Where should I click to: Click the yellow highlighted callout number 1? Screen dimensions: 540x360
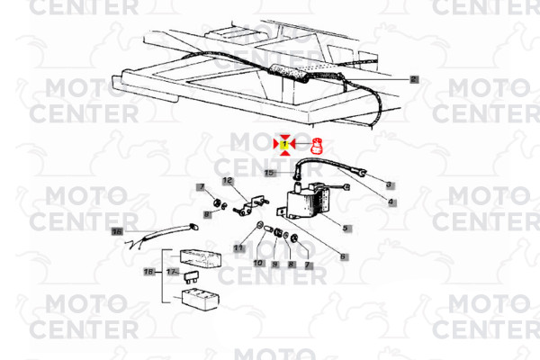(284, 144)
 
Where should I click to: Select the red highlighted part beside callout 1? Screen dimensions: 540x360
(317, 147)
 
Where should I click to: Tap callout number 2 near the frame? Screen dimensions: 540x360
(414, 79)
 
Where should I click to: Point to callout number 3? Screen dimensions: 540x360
(389, 184)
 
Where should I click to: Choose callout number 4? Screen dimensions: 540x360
(391, 202)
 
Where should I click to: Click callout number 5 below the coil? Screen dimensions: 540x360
(346, 228)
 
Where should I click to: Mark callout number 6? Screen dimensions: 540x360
(343, 256)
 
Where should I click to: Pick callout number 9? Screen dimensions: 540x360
(275, 265)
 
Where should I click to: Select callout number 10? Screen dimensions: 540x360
(258, 263)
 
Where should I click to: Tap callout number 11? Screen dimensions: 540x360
(238, 247)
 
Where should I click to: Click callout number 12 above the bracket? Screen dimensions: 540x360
(228, 181)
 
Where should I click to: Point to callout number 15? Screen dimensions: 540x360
(270, 172)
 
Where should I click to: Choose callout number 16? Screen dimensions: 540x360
(117, 231)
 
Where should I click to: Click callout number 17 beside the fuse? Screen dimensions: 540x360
(172, 272)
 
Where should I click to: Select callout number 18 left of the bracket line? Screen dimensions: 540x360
(148, 272)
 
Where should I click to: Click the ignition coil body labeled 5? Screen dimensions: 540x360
(307, 203)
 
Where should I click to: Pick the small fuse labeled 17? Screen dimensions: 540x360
(191, 277)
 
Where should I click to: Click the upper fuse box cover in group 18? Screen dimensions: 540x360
(201, 258)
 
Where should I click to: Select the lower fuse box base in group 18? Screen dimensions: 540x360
(200, 299)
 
